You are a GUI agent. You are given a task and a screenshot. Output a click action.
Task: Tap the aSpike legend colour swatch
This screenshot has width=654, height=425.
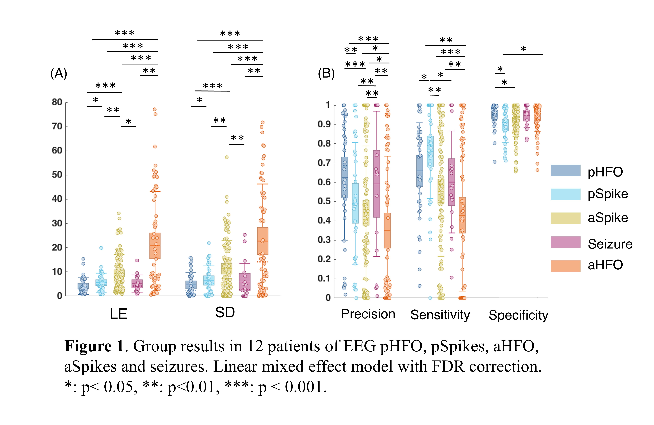coord(566,218)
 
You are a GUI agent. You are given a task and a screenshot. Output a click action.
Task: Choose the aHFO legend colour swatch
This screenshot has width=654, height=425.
coord(566,266)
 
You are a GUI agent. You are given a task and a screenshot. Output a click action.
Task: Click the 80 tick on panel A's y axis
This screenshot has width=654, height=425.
coord(57,102)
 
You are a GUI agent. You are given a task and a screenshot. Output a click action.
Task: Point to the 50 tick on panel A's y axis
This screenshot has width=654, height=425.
coord(57,175)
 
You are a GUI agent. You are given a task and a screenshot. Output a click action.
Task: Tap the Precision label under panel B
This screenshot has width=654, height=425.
coord(368,314)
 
